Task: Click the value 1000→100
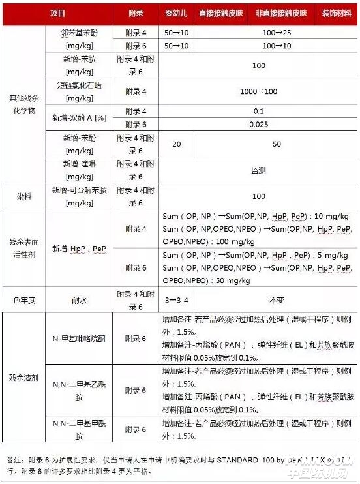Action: click(x=258, y=91)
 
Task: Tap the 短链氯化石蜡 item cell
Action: click(x=81, y=91)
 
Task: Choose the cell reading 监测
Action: click(x=258, y=170)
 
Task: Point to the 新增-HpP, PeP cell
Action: click(x=81, y=248)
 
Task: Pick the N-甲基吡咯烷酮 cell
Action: click(x=81, y=339)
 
